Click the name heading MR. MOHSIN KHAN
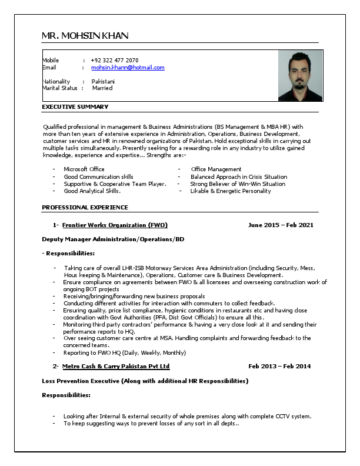85,36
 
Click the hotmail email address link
128,68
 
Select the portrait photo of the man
300,76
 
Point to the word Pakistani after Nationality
104,81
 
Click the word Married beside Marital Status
102,88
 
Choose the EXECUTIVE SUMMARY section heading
75,106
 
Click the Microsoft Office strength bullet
84,169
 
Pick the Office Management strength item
216,169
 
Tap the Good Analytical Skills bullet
92,191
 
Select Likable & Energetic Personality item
231,191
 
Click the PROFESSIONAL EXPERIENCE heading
85,207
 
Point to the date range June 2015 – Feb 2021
281,225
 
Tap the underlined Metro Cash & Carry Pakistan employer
116,366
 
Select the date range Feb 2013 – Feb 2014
279,366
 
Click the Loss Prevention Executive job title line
145,381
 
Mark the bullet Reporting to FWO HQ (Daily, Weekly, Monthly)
125,352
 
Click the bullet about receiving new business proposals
134,296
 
